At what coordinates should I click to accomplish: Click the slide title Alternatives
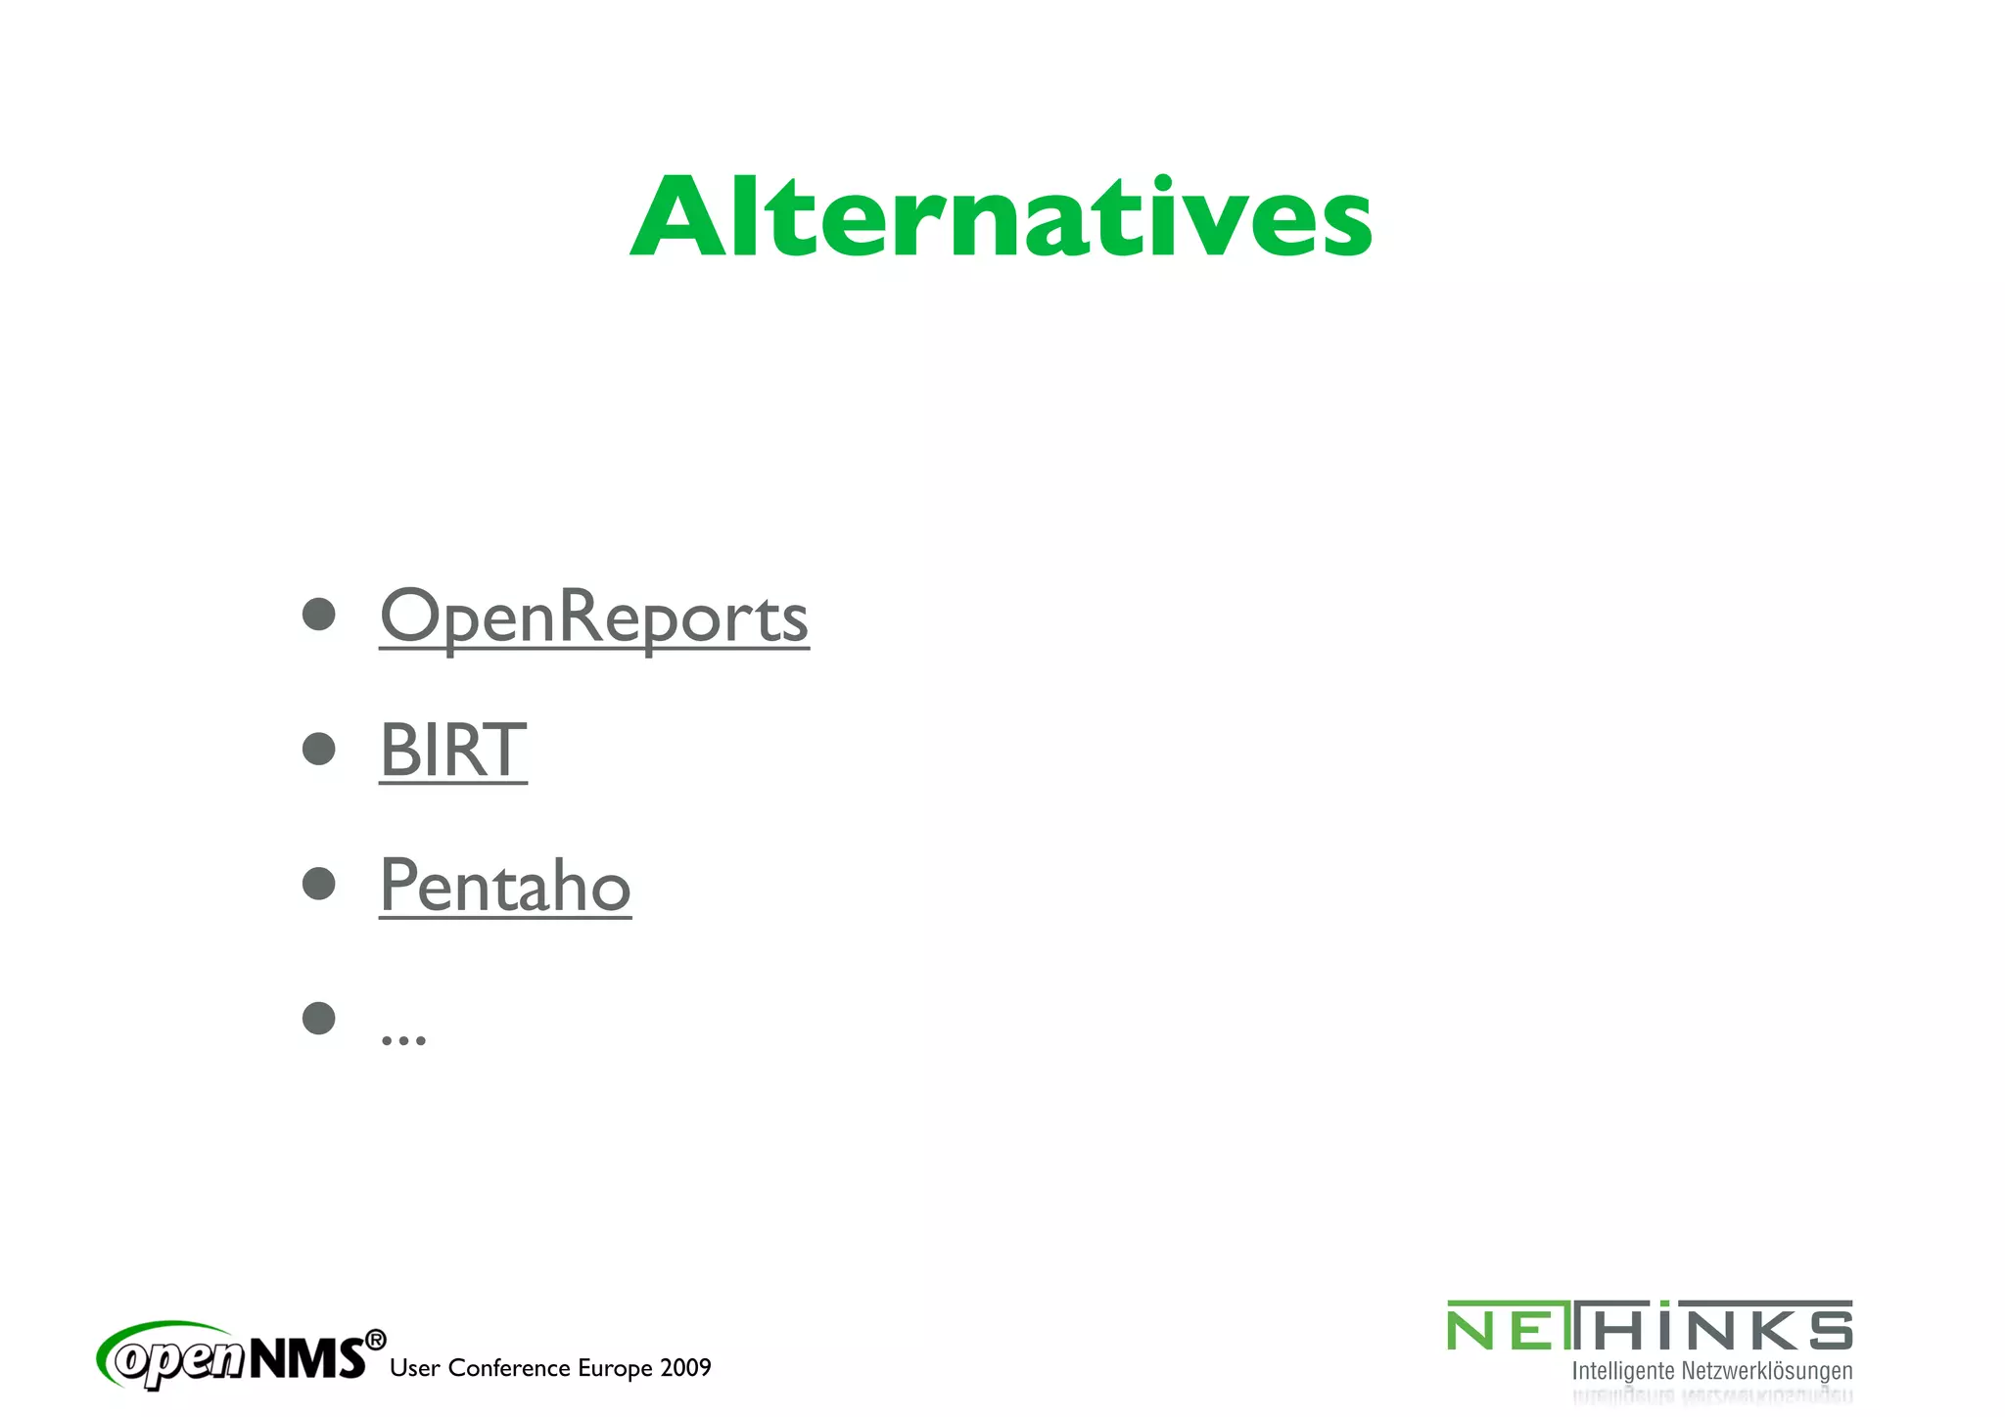(1001, 217)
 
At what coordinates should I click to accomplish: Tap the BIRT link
(452, 751)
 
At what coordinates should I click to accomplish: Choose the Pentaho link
(505, 885)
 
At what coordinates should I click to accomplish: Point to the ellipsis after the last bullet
(403, 1039)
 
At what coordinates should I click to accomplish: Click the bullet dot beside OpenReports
(319, 615)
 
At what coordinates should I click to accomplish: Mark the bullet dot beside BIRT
(319, 749)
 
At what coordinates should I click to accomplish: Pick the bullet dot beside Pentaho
(319, 883)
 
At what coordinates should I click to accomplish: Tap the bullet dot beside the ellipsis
(319, 1018)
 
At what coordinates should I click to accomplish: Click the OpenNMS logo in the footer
(235, 1356)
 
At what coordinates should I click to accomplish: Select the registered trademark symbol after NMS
(375, 1340)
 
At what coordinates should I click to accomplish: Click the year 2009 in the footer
(685, 1368)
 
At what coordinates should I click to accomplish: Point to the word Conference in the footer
(509, 1368)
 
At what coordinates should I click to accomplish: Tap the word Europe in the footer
(615, 1368)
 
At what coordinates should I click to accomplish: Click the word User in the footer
(414, 1368)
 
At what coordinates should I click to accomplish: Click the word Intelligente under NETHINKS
(1623, 1371)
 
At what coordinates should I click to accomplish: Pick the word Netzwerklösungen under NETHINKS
(1767, 1371)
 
